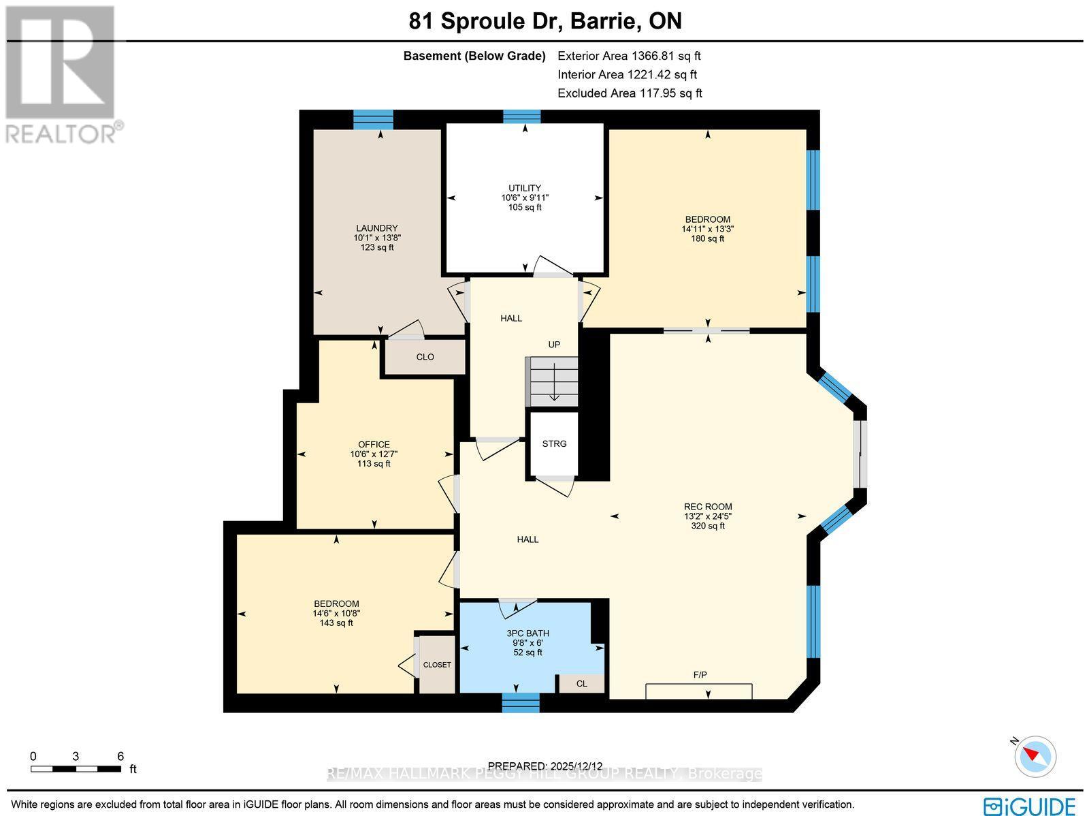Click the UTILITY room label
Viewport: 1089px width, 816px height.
coord(525,188)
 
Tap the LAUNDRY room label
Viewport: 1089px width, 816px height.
coord(377,228)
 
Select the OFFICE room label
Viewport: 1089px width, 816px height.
coord(374,445)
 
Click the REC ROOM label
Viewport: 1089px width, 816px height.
coord(708,507)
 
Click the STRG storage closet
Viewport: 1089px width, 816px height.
coord(554,443)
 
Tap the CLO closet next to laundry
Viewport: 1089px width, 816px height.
coord(425,357)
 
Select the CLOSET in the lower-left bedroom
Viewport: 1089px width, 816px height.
coord(437,665)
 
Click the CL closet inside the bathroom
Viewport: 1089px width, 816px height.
coord(581,684)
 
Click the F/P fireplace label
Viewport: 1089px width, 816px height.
coord(700,675)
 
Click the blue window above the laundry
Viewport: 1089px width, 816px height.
coord(373,120)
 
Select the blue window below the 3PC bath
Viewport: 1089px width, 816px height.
coord(521,702)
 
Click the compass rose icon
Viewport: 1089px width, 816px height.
coord(1035,755)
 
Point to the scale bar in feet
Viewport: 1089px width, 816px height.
coord(76,769)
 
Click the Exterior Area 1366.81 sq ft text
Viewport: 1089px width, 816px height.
coord(629,56)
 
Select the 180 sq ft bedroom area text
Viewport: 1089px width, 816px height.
coord(708,238)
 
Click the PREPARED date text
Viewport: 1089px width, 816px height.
coord(545,766)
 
